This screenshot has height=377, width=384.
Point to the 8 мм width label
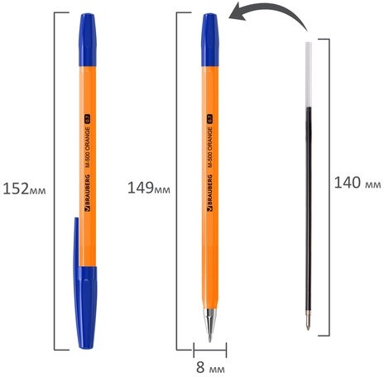pyautogui.click(x=209, y=363)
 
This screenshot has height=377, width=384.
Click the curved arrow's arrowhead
pyautogui.click(x=238, y=15)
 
